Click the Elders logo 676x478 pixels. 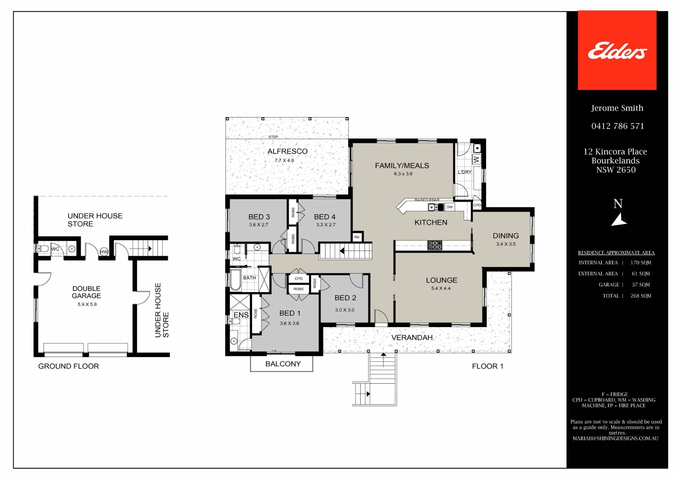pos(617,51)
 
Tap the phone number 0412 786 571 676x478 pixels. pos(618,126)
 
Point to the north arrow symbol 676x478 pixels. pos(619,220)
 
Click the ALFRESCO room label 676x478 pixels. pos(287,151)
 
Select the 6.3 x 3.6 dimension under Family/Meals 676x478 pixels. pos(403,174)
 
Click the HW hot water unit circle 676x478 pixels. pos(104,252)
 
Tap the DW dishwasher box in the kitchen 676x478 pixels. pos(450,207)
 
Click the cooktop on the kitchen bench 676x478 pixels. pos(435,245)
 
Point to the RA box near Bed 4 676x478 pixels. pos(357,237)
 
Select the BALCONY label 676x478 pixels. pos(283,364)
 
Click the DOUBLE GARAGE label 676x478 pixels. pos(87,292)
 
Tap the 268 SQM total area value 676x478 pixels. pos(641,296)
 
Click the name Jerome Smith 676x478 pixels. pos(617,108)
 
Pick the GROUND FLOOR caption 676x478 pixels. pos(69,366)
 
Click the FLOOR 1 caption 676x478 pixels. pos(487,366)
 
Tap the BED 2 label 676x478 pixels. pos(345,298)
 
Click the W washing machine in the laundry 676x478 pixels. pos(476,159)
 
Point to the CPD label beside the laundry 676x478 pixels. pos(477,205)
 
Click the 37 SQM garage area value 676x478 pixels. pos(641,285)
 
